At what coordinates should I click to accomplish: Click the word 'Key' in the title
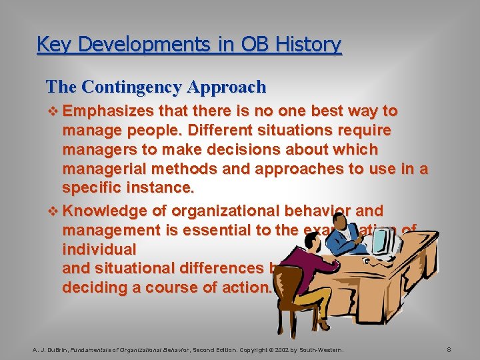pos(50,45)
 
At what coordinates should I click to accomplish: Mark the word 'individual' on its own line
pos(99,249)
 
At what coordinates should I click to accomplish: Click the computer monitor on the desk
pos(385,243)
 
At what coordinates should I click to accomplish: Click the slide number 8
pos(449,349)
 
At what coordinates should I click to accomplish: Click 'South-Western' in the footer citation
pos(323,349)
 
